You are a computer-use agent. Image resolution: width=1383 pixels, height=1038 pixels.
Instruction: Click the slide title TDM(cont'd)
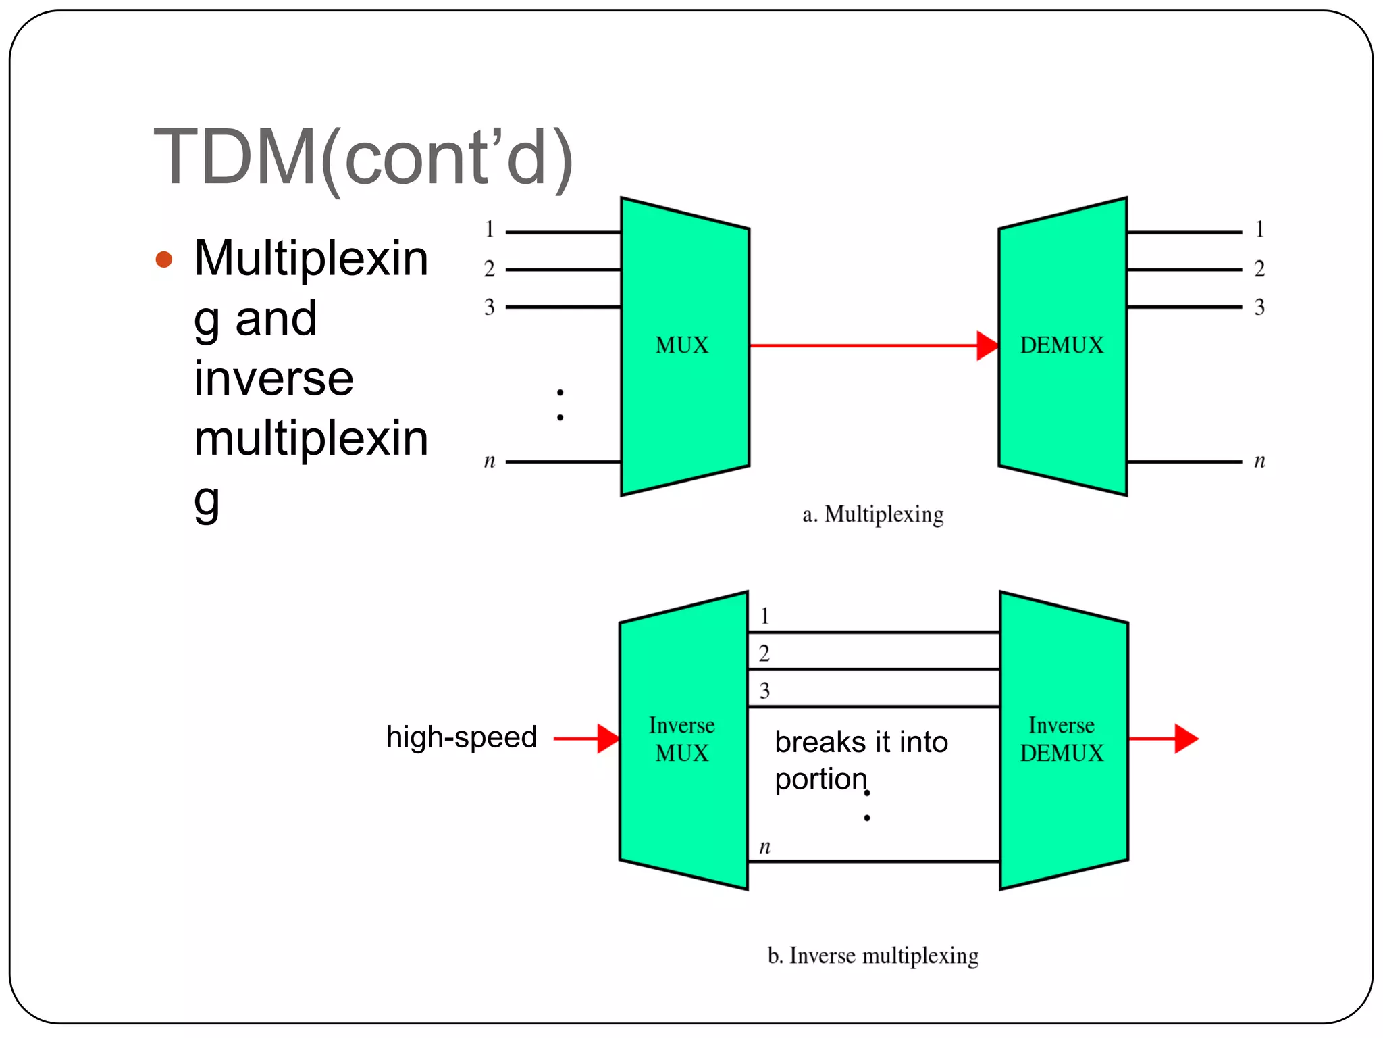click(363, 158)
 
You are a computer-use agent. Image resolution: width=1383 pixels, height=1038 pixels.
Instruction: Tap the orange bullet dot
click(164, 259)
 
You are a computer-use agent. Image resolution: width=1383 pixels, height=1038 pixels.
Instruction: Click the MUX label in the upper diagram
click(682, 345)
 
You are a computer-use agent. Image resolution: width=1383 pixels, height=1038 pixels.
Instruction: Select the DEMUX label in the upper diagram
click(1062, 345)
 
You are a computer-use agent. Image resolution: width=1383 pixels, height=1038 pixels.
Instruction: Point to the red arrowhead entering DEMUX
click(987, 346)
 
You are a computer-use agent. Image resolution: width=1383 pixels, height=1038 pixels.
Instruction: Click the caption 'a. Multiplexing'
click(872, 515)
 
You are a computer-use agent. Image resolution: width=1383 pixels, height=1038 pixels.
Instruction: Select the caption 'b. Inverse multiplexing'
click(872, 956)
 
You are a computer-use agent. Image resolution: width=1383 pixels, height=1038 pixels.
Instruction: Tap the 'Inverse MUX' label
click(682, 739)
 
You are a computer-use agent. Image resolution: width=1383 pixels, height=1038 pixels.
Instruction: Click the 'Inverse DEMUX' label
click(1062, 739)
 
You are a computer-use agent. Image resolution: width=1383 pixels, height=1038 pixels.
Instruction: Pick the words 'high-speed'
click(461, 737)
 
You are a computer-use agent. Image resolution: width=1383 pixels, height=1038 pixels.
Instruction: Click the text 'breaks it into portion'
click(861, 760)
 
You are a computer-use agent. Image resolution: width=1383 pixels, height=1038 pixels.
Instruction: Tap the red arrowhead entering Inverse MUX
click(608, 739)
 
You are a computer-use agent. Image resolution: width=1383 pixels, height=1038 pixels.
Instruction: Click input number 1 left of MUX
click(490, 230)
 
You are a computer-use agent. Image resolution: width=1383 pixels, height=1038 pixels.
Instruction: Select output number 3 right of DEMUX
click(1259, 307)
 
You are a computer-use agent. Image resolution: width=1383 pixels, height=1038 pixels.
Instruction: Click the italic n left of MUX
click(490, 462)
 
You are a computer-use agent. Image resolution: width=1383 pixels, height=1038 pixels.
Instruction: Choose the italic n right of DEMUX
click(1259, 462)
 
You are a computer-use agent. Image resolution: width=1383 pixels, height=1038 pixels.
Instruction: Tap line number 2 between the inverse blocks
click(764, 653)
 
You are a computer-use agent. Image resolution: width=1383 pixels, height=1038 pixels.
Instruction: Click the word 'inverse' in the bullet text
click(273, 378)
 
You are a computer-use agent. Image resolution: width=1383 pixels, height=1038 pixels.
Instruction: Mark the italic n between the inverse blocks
click(764, 847)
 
